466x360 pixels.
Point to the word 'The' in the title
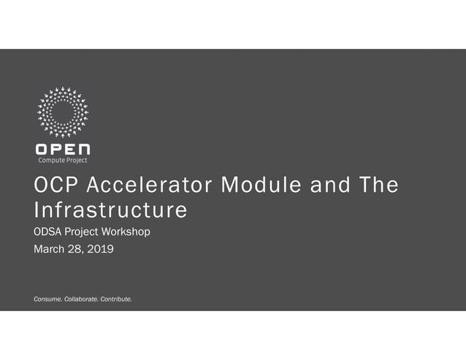[378, 187]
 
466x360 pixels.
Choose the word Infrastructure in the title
[110, 211]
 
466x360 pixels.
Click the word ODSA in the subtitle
[49, 232]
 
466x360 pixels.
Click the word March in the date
[50, 250]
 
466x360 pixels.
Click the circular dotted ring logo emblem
[63, 112]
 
